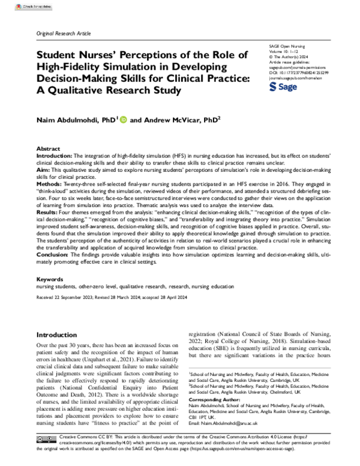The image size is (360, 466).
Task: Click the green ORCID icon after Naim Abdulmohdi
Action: pos(124,120)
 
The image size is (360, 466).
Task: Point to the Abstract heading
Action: pos(49,148)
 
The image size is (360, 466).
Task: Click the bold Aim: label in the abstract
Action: pos(43,171)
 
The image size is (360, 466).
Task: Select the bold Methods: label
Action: pos(50,186)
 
